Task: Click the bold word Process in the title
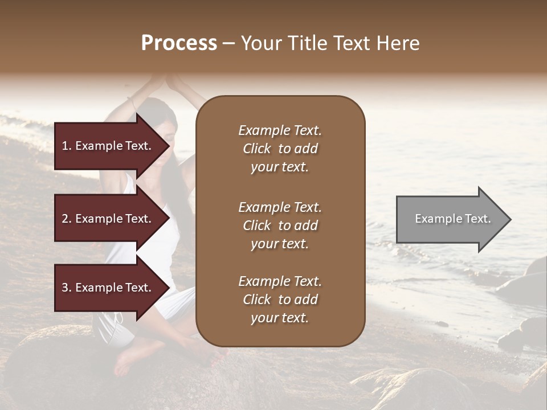[179, 43]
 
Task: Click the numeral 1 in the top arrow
[65, 146]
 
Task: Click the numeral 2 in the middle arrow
[65, 219]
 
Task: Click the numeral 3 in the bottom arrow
[65, 288]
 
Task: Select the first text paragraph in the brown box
[280, 149]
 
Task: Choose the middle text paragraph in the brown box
[280, 225]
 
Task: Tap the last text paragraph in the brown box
[280, 300]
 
